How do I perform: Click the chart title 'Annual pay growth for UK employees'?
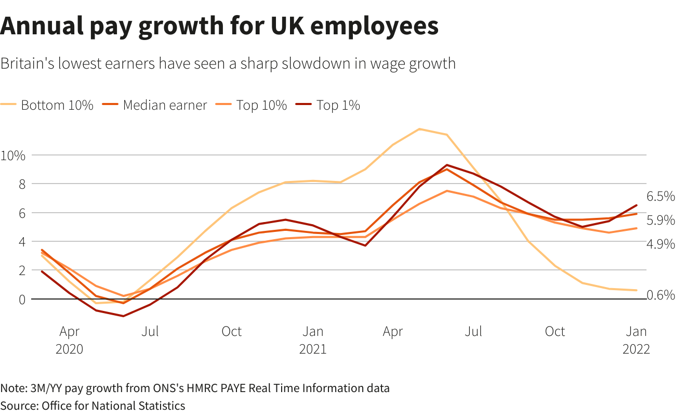pyautogui.click(x=219, y=26)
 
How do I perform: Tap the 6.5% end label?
pyautogui.click(x=661, y=197)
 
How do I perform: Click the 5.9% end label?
pyautogui.click(x=661, y=220)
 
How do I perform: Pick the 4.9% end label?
pyautogui.click(x=661, y=244)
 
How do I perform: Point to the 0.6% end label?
pyautogui.click(x=661, y=295)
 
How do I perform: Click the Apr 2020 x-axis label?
pyautogui.click(x=69, y=340)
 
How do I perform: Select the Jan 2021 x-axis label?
pyautogui.click(x=313, y=340)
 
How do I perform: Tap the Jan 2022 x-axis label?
pyautogui.click(x=637, y=340)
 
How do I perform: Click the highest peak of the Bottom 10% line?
pyautogui.click(x=419, y=129)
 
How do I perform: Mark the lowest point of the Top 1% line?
pyautogui.click(x=123, y=316)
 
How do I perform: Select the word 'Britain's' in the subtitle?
pyautogui.click(x=27, y=63)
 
